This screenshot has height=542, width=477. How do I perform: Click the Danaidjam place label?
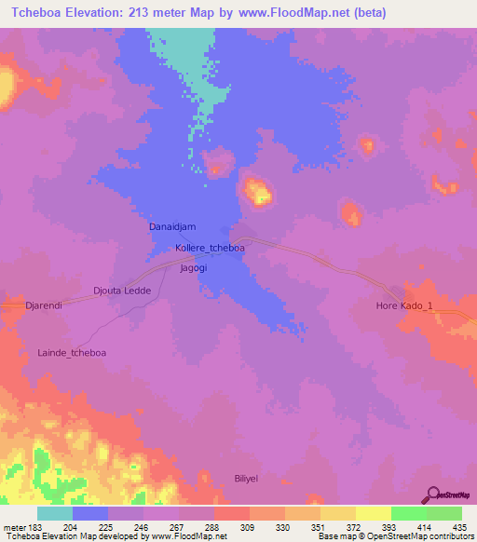[172, 226]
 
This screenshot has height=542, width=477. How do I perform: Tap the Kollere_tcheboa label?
[210, 249]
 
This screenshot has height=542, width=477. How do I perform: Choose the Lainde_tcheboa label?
[72, 353]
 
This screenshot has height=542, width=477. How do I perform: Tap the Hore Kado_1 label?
[404, 305]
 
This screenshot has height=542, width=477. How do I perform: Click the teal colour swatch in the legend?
[55, 513]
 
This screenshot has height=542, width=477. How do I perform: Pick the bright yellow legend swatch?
[373, 513]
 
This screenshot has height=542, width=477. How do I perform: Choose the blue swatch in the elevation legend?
[90, 513]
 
